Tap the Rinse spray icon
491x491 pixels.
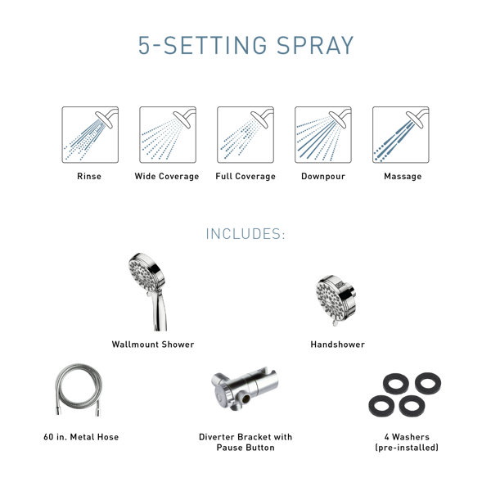tap(90, 134)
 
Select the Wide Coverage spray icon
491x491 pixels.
tap(167, 134)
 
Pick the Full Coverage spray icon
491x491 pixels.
tap(245, 134)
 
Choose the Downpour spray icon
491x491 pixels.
tap(323, 134)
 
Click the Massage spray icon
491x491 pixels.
tap(401, 134)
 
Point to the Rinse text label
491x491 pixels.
tap(89, 177)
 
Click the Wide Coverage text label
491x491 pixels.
tap(167, 177)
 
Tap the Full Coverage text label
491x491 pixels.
tap(245, 177)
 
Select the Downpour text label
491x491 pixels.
tap(323, 177)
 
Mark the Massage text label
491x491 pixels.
tap(403, 177)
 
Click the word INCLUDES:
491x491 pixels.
tap(245, 235)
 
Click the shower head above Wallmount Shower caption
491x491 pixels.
tap(147, 291)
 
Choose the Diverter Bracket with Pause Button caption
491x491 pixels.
tap(245, 442)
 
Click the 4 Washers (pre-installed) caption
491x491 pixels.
tap(407, 442)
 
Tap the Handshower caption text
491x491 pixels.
tap(337, 345)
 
